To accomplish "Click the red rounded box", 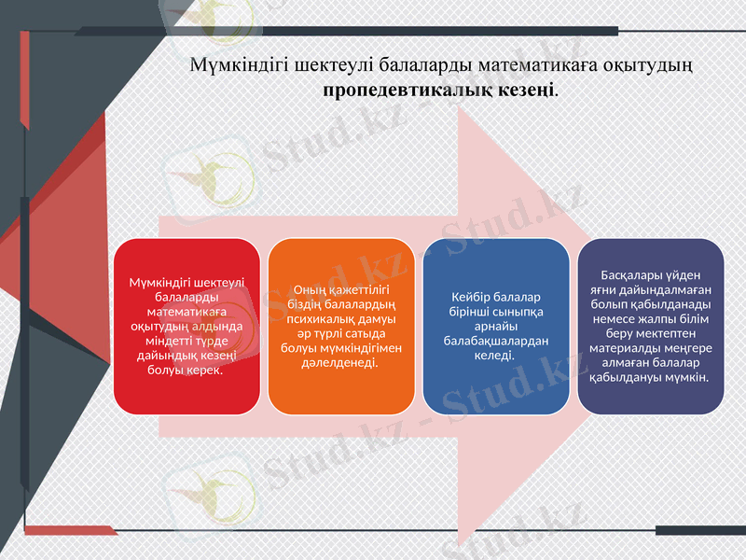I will point(186,327).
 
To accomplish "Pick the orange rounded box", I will point(341,327).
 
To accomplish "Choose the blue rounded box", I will point(495,327).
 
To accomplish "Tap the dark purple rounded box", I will point(650,327).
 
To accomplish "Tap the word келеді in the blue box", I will point(495,355).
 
